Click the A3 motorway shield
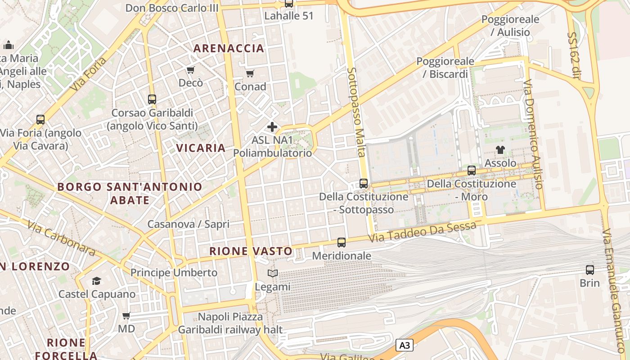tap(405, 345)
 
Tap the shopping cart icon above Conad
tap(250, 73)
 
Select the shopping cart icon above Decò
tap(190, 70)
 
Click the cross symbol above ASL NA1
tap(272, 127)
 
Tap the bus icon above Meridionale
tap(342, 243)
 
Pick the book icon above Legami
tap(272, 273)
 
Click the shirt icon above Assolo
tap(500, 150)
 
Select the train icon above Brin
tap(589, 270)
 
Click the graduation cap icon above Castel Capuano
tap(97, 281)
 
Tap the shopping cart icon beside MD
tap(126, 316)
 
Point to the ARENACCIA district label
tap(229, 49)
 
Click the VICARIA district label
tap(201, 148)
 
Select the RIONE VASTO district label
tap(251, 251)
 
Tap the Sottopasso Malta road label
tap(356, 112)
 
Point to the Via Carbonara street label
tap(61, 238)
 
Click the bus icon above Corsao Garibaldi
tap(152, 99)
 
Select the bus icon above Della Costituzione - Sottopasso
tap(364, 184)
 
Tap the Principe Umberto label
tap(174, 273)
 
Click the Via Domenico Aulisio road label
tap(534, 134)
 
